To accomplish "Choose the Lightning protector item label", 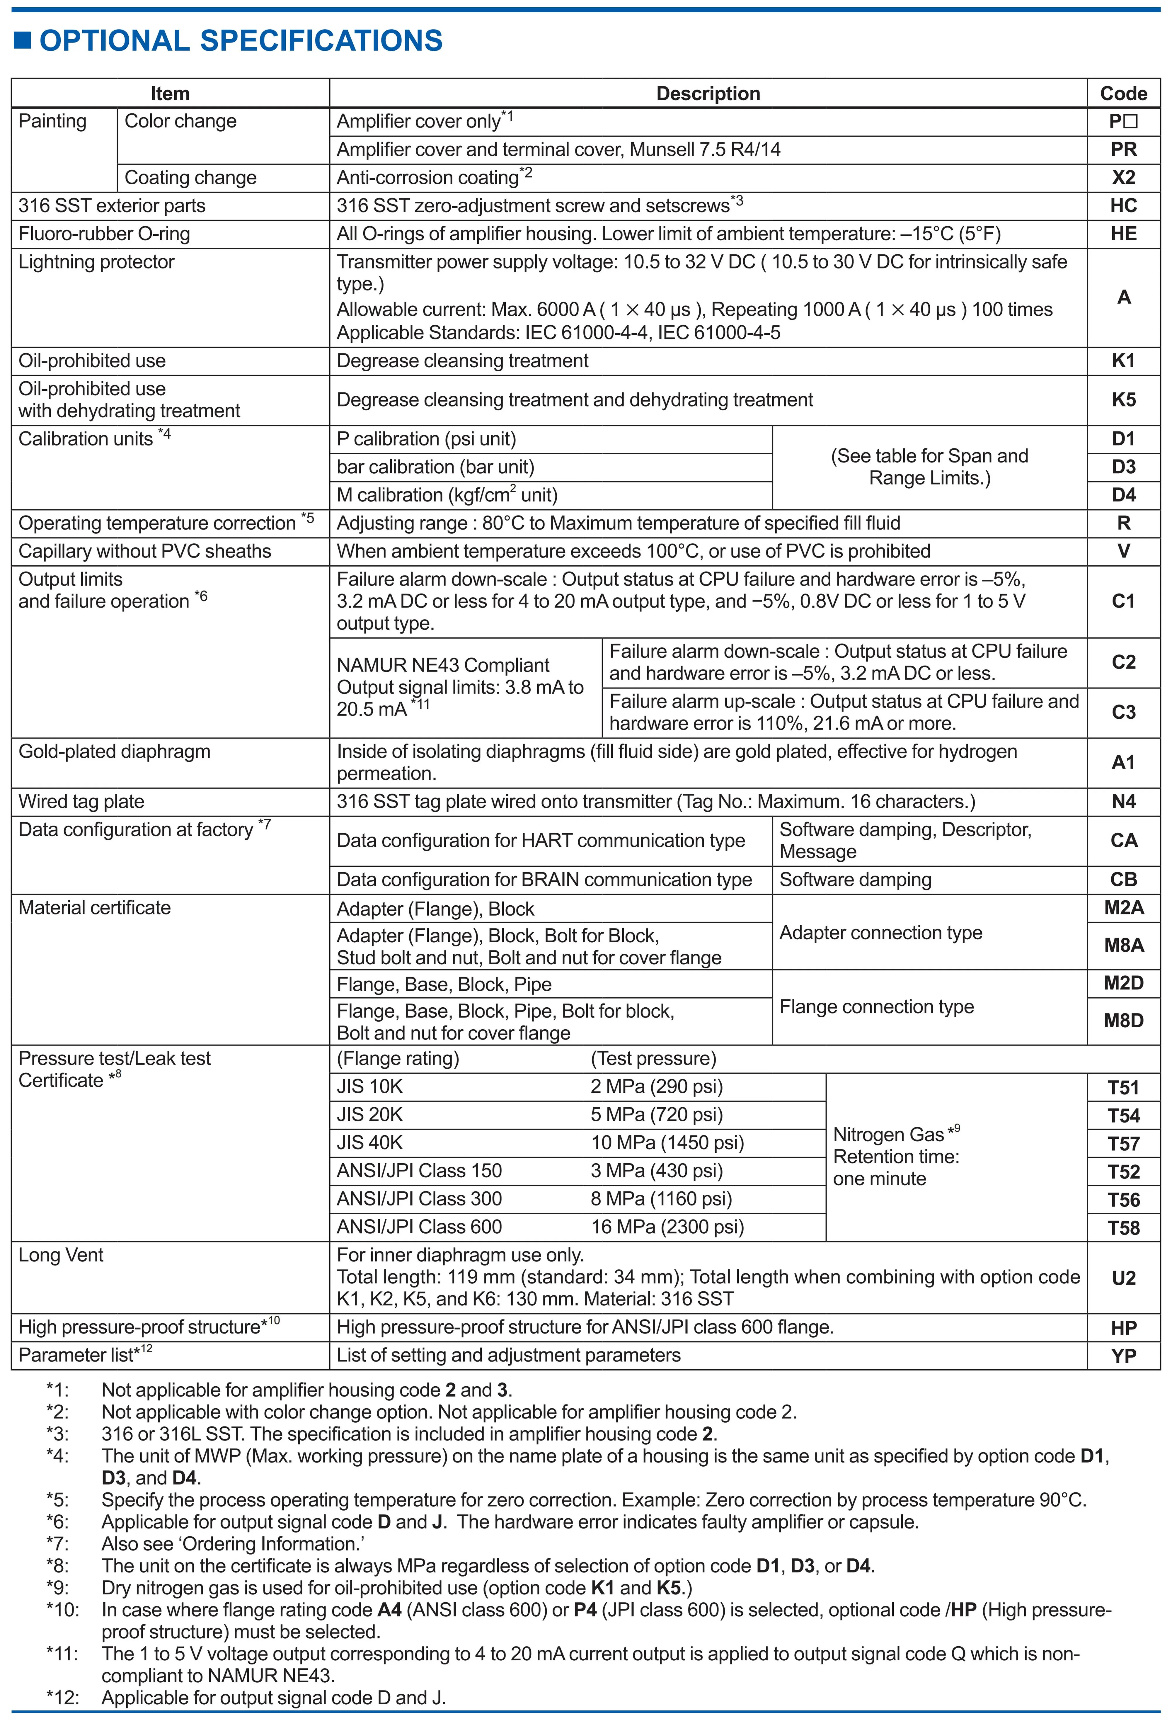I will tap(97, 262).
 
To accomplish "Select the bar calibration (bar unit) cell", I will tap(435, 467).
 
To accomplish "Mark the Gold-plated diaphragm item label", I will tap(114, 751).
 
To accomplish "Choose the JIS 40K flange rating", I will tap(370, 1142).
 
